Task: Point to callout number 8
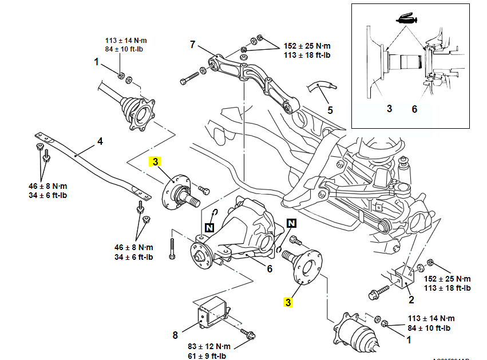pyautogui.click(x=176, y=334)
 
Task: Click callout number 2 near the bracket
pyautogui.click(x=411, y=299)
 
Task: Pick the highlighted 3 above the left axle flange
pyautogui.click(x=155, y=162)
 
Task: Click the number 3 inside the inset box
pyautogui.click(x=389, y=108)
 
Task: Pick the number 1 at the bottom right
pyautogui.click(x=408, y=339)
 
